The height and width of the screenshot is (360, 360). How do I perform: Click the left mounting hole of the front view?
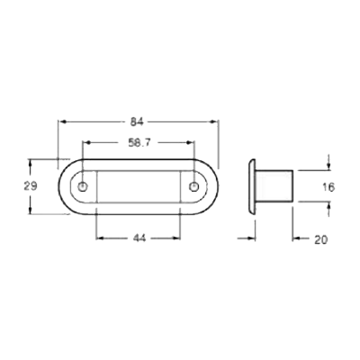[83, 187]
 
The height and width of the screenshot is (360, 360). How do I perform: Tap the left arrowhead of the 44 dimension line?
[100, 238]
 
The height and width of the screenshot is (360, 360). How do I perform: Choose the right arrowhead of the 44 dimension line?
[177, 238]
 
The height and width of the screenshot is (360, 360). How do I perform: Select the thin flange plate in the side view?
[250, 187]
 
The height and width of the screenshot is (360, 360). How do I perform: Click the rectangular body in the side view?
[274, 187]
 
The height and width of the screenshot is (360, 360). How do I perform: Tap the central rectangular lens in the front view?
[139, 187]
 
